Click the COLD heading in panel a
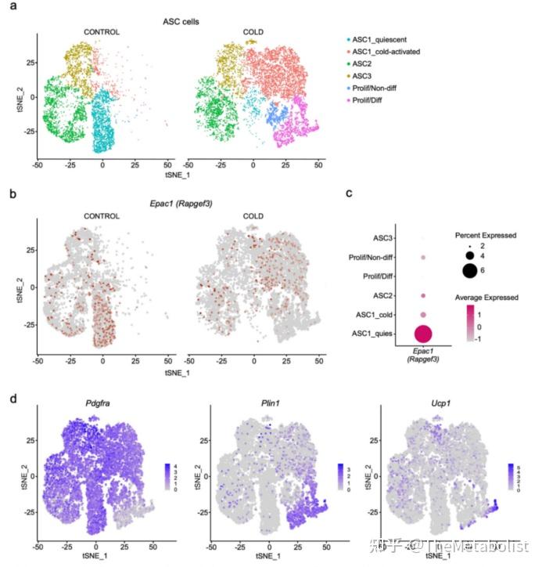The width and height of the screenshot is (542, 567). tap(253, 32)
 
